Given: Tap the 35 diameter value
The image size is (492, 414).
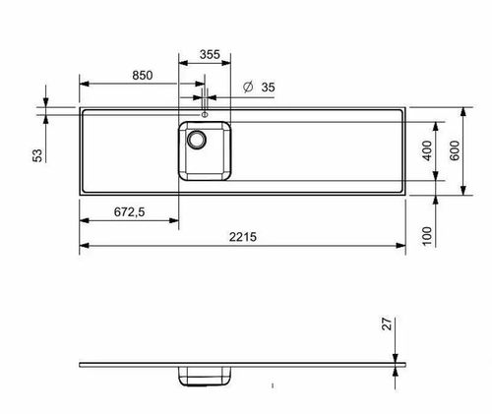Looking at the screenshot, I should tap(268, 88).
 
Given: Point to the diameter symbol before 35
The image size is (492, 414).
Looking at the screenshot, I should tap(247, 88).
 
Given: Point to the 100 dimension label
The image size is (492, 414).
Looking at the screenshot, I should tap(427, 235).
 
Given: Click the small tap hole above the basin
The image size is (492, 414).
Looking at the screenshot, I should tap(205, 114).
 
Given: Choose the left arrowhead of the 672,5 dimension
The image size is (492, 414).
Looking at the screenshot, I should tap(84, 220).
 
